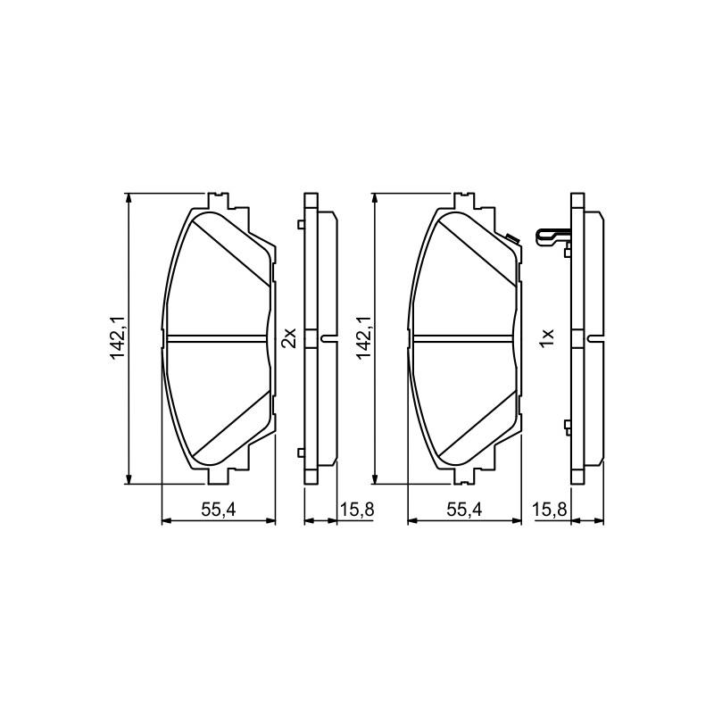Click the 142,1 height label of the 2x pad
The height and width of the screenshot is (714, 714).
click(x=118, y=338)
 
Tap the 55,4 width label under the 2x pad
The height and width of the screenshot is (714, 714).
click(x=219, y=510)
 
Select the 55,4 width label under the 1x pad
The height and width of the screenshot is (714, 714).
click(x=464, y=510)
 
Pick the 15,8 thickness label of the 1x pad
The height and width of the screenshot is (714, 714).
click(x=550, y=510)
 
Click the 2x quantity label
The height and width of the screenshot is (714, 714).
click(x=289, y=337)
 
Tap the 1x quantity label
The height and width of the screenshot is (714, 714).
click(x=547, y=337)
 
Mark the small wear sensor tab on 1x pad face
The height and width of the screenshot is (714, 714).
click(x=512, y=238)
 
